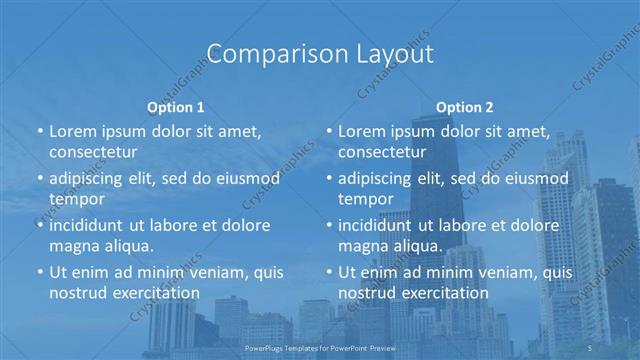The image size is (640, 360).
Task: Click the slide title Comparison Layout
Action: (x=319, y=54)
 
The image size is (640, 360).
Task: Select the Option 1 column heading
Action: (x=176, y=106)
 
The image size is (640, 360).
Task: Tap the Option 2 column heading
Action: (x=464, y=106)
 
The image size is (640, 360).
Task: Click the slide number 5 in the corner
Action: (x=591, y=346)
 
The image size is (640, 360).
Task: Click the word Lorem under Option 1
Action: (x=73, y=132)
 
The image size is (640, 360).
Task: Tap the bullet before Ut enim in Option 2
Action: (x=329, y=272)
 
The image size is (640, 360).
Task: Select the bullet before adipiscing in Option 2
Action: (x=329, y=178)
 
